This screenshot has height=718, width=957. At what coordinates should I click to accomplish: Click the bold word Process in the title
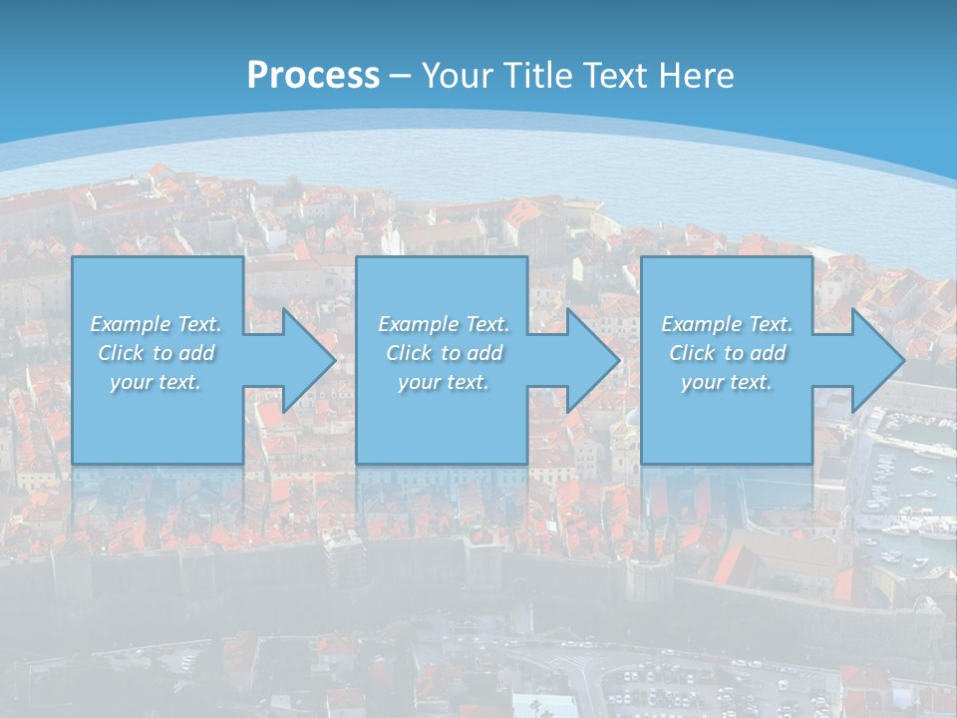coord(313,76)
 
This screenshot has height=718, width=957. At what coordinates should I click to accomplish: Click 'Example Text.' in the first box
coord(156,324)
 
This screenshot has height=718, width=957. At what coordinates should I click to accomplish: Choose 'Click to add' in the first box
coord(156,353)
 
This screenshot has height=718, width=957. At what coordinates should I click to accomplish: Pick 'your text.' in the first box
coord(156,382)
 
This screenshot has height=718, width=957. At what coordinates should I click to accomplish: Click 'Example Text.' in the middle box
coord(443,324)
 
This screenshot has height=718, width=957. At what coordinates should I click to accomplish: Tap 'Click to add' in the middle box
coord(443,353)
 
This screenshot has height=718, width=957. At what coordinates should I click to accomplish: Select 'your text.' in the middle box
coord(443,382)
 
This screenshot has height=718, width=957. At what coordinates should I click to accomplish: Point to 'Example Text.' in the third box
coord(727,324)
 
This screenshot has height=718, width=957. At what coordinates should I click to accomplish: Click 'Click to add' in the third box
coord(727,353)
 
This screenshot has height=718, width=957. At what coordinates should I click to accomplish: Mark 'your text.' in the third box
coord(727,382)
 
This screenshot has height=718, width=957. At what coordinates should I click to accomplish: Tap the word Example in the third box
coord(701,324)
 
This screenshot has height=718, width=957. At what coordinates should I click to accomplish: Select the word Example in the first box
coord(130,324)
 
